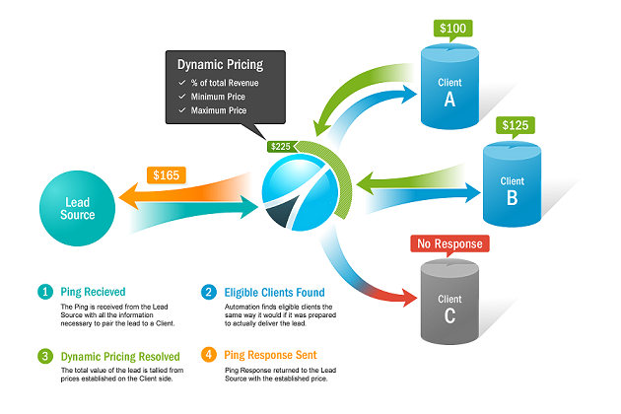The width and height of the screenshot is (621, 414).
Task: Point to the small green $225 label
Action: (280, 147)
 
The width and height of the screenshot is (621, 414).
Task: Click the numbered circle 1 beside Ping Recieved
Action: (44, 292)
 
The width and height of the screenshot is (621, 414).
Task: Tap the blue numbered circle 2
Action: (208, 292)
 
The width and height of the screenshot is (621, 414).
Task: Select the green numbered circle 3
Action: (44, 355)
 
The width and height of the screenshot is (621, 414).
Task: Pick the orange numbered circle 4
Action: (208, 355)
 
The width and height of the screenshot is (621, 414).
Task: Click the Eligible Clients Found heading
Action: (275, 292)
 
